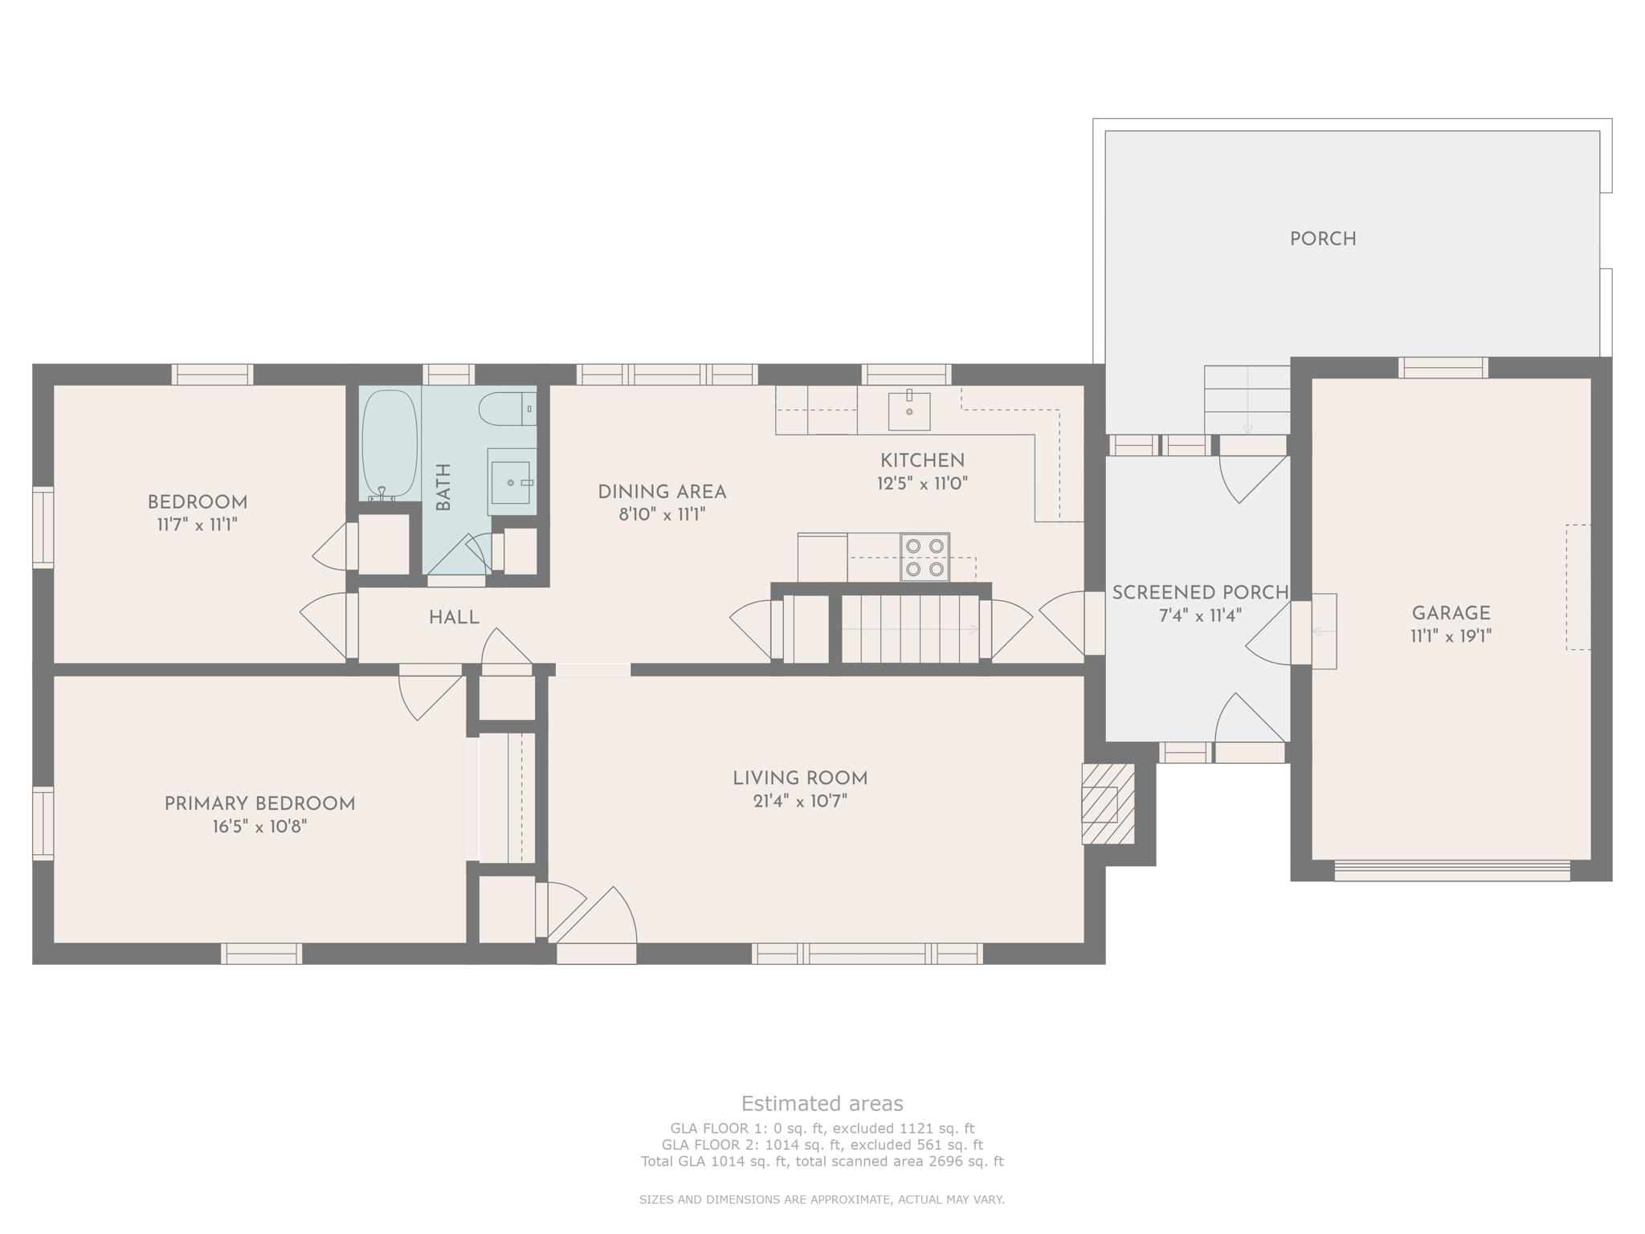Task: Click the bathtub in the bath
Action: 390,444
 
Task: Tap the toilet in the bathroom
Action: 507,409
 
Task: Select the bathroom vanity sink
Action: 512,482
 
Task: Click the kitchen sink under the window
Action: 909,411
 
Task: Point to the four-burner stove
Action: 925,558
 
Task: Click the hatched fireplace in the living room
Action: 1108,803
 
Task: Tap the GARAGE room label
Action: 1451,614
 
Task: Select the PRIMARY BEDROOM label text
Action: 259,804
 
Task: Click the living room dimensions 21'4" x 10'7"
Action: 800,801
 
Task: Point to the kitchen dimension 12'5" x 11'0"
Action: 922,484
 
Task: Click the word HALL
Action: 454,618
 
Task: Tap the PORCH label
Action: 1323,239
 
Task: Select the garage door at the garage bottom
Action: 1451,871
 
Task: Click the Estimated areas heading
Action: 822,1103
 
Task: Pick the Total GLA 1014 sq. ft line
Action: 822,1161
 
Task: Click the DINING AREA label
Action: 662,492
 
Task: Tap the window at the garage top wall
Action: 1443,368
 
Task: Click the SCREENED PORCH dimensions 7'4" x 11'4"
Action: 1200,616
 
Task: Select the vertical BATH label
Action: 443,487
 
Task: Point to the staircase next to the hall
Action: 909,629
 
